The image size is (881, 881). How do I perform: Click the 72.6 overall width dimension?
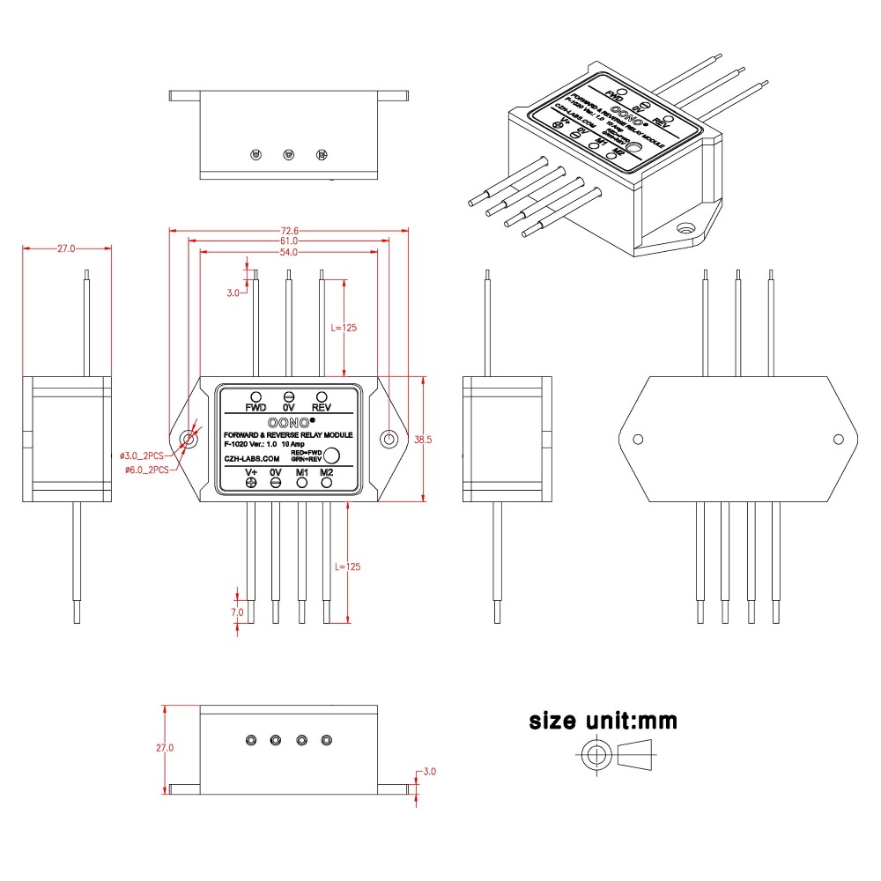coord(289,231)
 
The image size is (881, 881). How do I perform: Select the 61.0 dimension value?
coord(289,241)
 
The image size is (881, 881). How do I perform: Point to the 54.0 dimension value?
coord(289,252)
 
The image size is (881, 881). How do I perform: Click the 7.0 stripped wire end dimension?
coord(237,611)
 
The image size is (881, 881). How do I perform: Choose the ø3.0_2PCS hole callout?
coord(144,456)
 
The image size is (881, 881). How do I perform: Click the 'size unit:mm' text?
coord(603,721)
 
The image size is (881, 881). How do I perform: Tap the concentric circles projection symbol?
coord(596,755)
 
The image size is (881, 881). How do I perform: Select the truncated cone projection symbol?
coord(640,755)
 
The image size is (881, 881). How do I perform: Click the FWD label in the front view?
coord(255,408)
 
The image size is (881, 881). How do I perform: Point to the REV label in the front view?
coord(322,408)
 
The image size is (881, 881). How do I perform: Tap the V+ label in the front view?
coord(251,472)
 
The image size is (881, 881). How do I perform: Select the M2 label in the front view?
coord(327,472)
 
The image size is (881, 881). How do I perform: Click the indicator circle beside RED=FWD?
coord(333,455)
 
